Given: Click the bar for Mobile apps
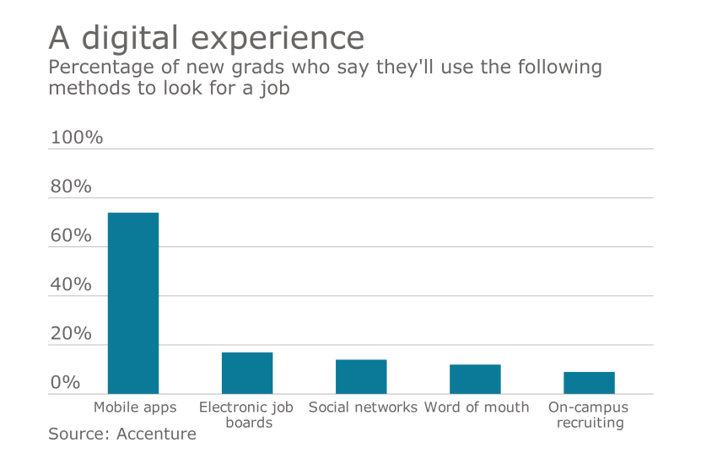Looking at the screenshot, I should [x=133, y=303].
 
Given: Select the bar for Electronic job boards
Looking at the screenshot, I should [x=247, y=373].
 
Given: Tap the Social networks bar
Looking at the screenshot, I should [x=361, y=376].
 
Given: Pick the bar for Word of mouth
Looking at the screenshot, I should [x=475, y=379].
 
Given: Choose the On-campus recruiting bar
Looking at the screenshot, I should [x=589, y=382].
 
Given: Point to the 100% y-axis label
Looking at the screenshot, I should [x=77, y=138].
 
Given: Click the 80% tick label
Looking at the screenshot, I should [x=71, y=186].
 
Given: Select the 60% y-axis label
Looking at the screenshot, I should [x=71, y=235].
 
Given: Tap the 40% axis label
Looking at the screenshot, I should [x=71, y=284].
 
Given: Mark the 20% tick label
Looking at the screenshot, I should [x=71, y=333].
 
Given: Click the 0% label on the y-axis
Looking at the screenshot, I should [x=65, y=382].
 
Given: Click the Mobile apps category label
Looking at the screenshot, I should [x=135, y=407].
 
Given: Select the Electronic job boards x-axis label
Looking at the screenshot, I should [x=246, y=414].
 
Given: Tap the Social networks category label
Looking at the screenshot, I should [x=363, y=407].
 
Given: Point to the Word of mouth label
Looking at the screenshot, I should [x=477, y=407].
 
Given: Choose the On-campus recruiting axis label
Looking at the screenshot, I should [x=589, y=414].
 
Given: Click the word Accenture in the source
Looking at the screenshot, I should [x=156, y=434].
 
